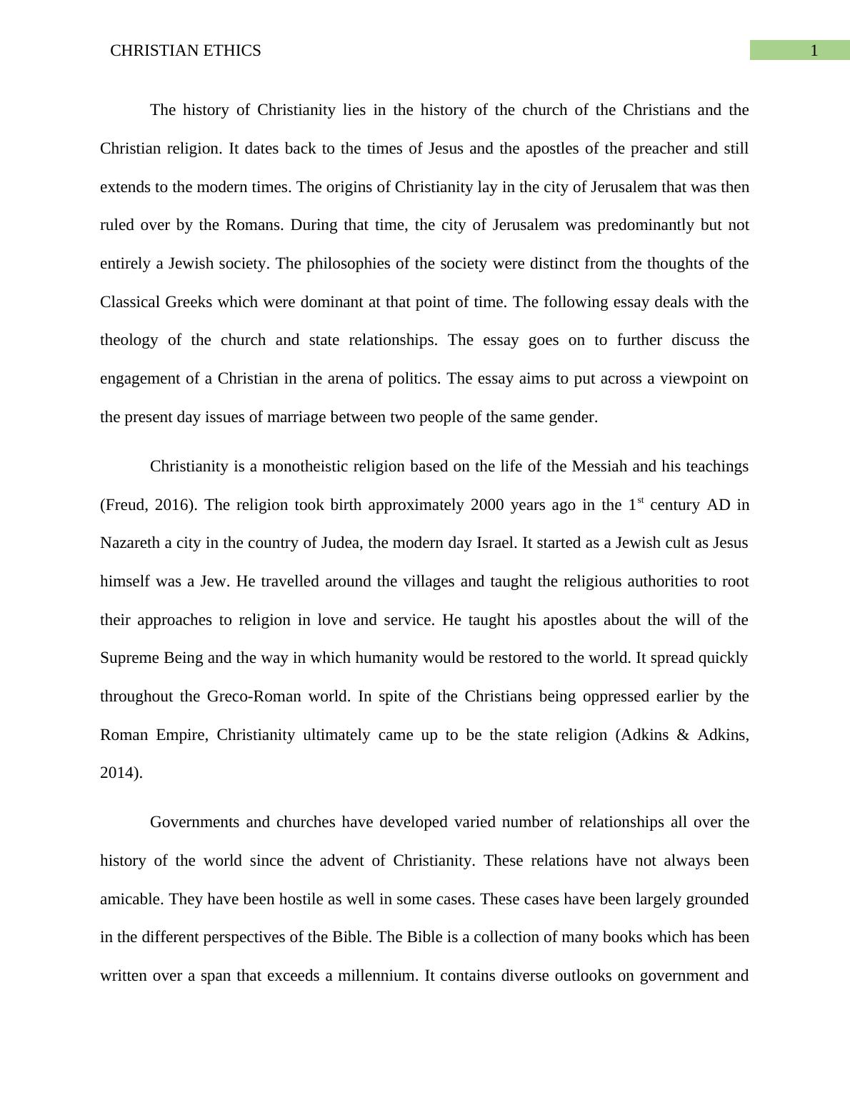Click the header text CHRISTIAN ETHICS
click(186, 51)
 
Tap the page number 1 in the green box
click(814, 51)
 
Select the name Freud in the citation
click(126, 505)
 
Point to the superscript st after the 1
click(640, 501)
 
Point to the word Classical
click(130, 302)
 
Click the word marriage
click(296, 417)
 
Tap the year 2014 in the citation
click(118, 773)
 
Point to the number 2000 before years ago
click(488, 505)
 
